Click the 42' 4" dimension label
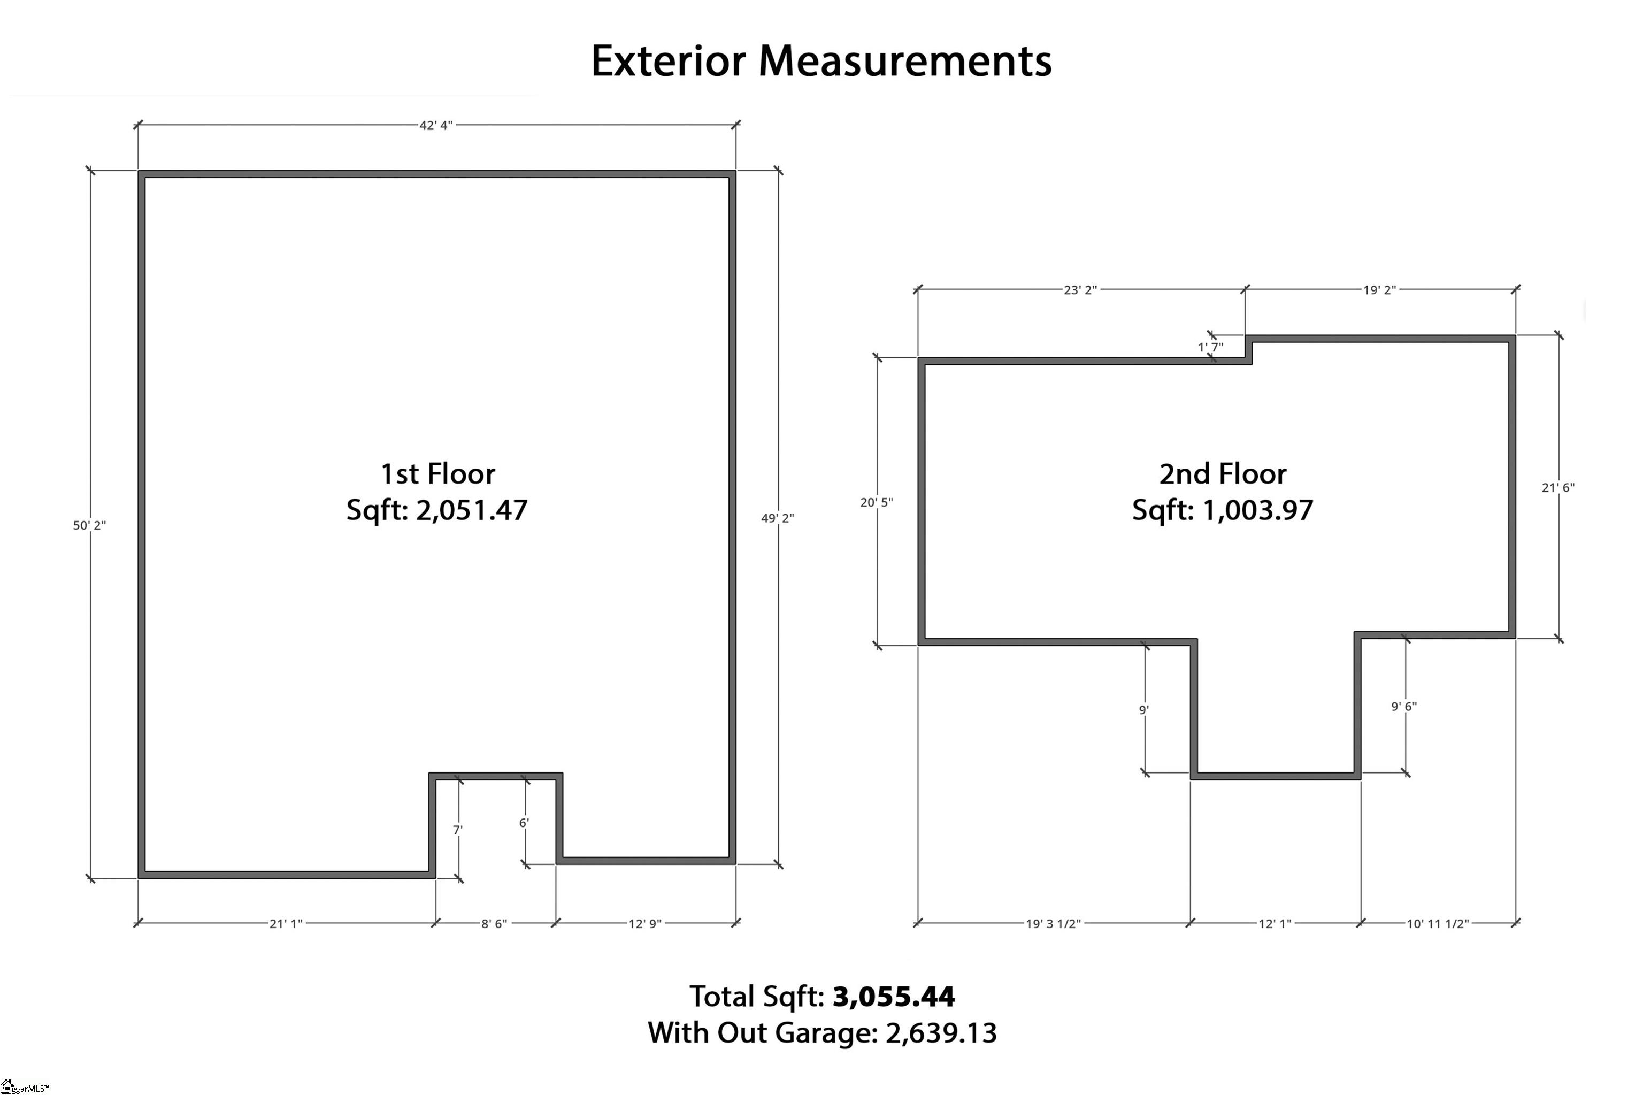coord(436,125)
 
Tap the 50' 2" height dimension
coord(89,525)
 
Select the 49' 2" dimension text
coord(777,518)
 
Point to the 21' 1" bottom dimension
coord(286,923)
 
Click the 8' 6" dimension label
coord(494,923)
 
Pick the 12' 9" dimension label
coord(644,923)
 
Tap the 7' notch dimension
coord(457,830)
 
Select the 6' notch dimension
coord(524,823)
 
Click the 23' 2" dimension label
coord(1080,290)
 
